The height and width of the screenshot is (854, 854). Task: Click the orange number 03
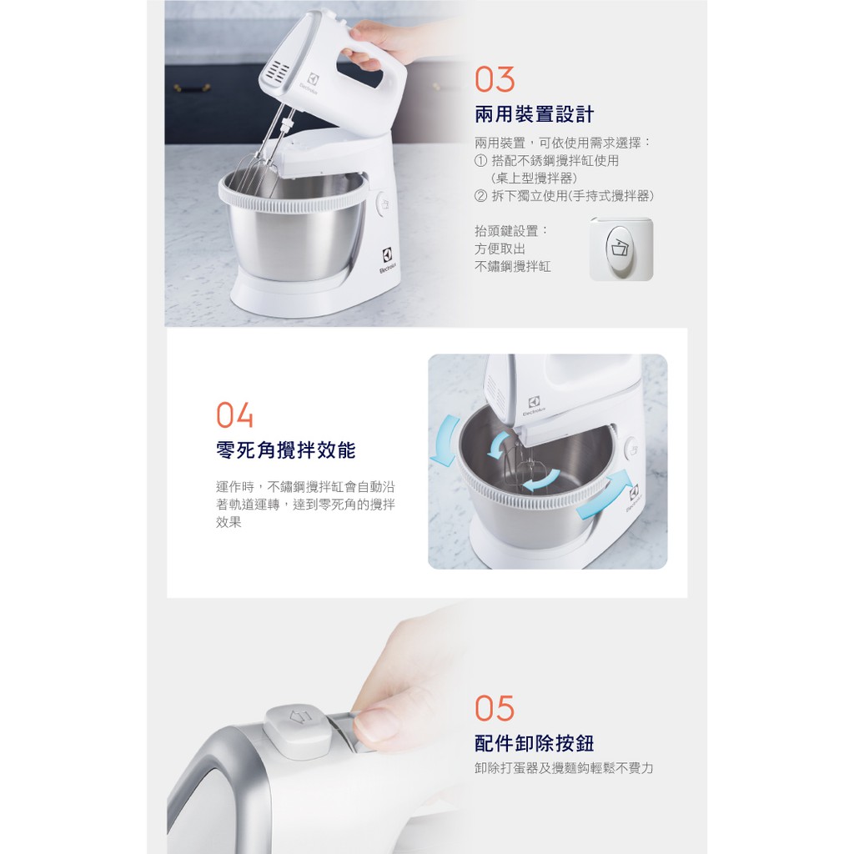(495, 79)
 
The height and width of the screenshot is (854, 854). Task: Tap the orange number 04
(234, 415)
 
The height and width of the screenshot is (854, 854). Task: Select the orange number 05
(495, 708)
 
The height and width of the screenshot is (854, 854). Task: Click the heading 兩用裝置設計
(535, 114)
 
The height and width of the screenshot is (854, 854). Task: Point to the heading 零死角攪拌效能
(286, 450)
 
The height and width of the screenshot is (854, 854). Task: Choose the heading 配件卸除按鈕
(535, 743)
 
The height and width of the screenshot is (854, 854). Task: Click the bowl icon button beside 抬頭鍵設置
(620, 249)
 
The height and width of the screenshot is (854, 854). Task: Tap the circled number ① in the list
(480, 161)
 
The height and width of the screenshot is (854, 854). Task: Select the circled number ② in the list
(480, 196)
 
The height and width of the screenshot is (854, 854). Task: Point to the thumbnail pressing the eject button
(376, 722)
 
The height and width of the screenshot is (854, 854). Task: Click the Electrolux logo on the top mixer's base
(388, 260)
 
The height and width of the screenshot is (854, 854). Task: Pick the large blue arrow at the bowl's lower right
(605, 495)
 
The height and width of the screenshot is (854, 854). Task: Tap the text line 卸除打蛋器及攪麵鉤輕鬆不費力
(564, 768)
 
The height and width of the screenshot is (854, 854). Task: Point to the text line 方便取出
(500, 249)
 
